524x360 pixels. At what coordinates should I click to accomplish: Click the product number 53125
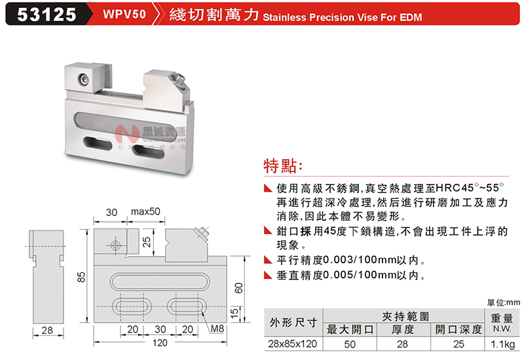coord(47,14)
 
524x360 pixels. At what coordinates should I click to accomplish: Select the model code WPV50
coord(124,14)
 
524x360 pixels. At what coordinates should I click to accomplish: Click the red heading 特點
coord(282,166)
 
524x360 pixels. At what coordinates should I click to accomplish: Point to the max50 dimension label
coord(145,211)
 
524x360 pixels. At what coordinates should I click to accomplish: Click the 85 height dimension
coord(81,277)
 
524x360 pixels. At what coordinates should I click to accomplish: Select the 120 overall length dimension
coord(160,343)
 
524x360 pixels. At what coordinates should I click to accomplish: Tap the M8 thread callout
coord(217,329)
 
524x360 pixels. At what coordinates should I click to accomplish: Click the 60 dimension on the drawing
coord(238,288)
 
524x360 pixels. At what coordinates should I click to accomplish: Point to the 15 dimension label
coord(235,313)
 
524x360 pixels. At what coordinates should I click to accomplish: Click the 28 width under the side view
coord(47,331)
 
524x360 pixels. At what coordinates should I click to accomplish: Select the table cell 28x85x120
coord(292,344)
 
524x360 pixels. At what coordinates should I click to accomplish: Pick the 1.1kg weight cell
coord(502,344)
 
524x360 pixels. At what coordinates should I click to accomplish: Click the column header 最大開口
coord(350,329)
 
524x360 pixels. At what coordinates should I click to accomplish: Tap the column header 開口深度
coord(458,329)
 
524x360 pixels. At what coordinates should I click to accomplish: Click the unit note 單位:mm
coord(504,302)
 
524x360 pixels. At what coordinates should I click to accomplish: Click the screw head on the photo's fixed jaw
coord(84,79)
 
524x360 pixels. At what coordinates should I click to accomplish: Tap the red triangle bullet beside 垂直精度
coord(268,275)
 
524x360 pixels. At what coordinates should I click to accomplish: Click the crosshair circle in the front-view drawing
coord(116,246)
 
